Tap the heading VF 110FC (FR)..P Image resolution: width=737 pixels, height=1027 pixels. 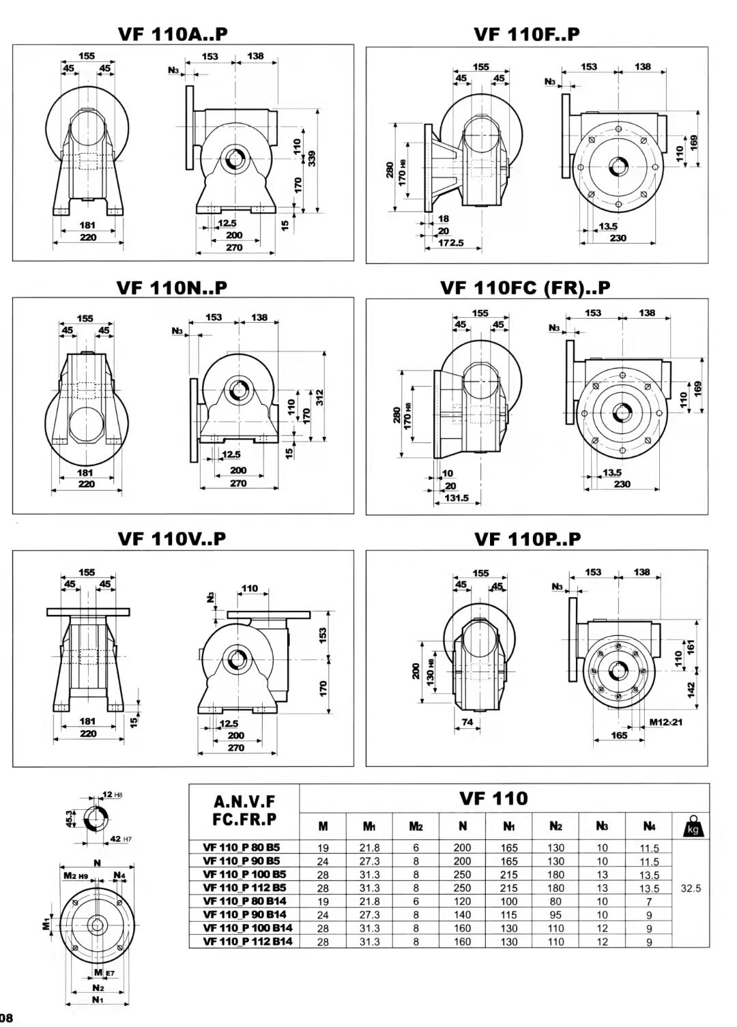525,287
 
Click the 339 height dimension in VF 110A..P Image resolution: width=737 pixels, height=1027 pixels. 312,158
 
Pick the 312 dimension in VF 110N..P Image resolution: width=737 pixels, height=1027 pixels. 319,397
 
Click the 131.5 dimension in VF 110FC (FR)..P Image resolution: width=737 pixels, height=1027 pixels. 457,497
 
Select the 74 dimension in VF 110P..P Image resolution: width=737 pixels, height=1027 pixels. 467,721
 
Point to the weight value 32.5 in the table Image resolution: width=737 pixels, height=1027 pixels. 691,888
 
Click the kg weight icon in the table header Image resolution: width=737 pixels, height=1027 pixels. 691,826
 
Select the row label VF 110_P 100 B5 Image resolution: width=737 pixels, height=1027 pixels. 244,874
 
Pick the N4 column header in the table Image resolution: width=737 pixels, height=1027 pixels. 648,826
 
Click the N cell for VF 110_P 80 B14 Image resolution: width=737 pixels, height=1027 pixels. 462,901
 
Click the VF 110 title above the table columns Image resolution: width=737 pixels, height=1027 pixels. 493,798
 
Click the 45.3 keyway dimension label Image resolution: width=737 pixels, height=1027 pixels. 70,818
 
